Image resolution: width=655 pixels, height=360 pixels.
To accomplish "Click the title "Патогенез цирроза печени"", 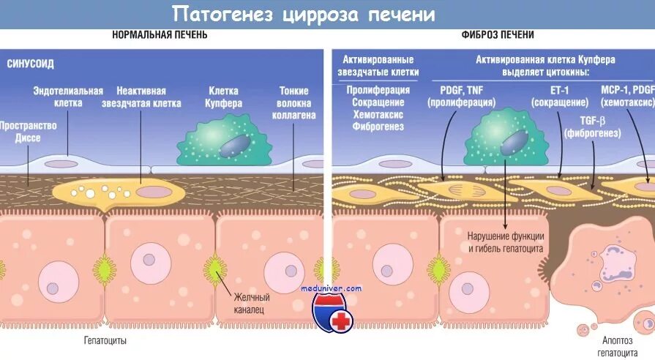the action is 304,14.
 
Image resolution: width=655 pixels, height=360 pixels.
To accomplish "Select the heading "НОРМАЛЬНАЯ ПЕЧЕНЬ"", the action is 160,34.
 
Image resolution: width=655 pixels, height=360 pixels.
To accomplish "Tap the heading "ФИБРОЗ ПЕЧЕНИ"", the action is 498,34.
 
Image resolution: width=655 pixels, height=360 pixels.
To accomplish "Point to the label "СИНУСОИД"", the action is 30,64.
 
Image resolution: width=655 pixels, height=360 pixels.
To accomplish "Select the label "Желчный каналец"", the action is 252,303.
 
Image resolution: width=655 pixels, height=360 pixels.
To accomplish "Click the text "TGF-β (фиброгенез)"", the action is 593,127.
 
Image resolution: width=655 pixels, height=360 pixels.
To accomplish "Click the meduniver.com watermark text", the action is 332,288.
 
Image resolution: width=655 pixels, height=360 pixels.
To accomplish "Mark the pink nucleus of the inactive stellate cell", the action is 152,192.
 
